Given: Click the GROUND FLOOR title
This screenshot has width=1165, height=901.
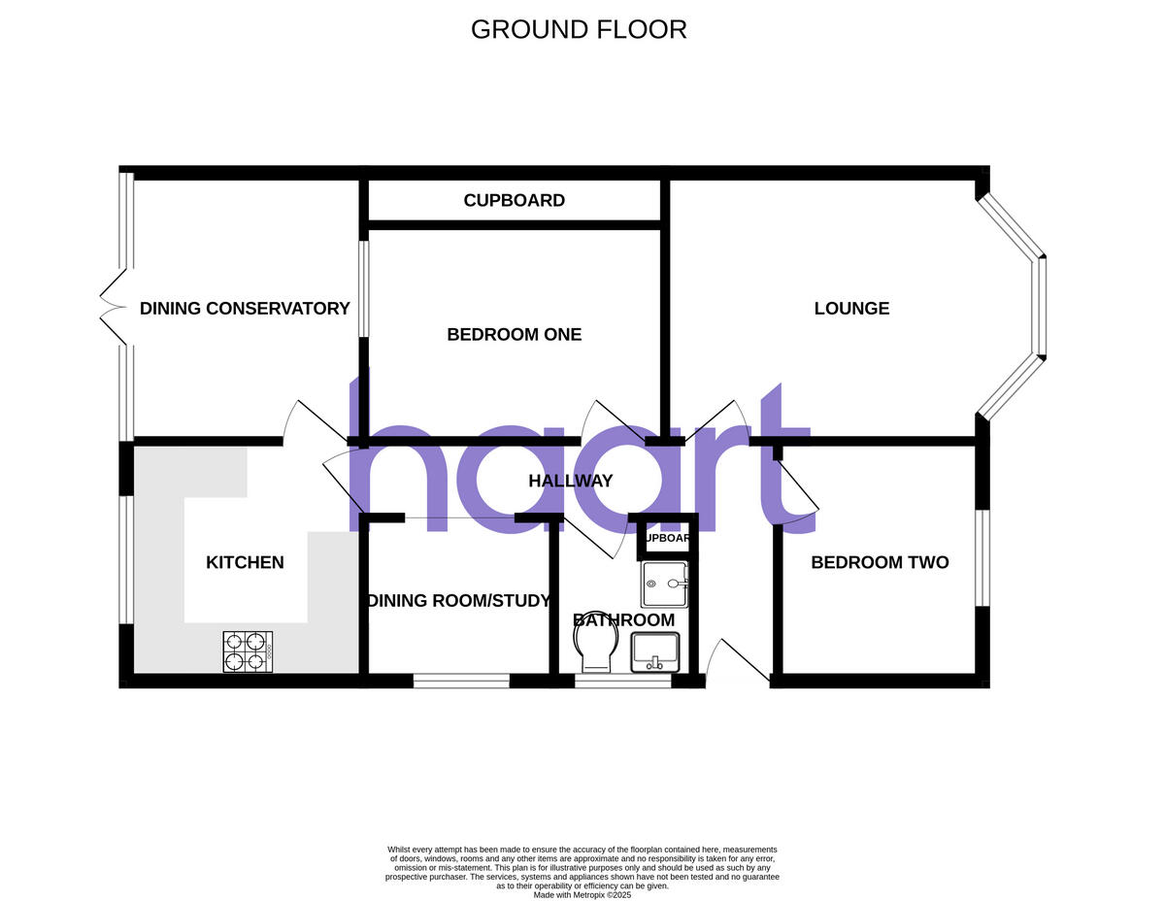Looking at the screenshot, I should [579, 29].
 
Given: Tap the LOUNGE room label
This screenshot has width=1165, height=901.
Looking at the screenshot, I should [851, 309].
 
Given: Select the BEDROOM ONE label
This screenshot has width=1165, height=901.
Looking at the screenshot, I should [514, 335].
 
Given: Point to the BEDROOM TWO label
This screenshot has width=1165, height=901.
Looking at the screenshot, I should [880, 562].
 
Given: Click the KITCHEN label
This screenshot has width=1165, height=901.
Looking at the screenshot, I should [245, 562].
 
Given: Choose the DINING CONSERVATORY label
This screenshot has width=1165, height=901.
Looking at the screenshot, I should [245, 309].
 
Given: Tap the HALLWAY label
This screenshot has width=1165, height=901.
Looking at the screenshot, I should [570, 481].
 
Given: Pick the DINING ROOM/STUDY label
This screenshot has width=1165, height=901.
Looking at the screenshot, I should [458, 601].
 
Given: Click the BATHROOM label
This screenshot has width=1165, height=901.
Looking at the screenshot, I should [623, 620].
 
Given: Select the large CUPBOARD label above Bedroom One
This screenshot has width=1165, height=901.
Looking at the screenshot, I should [514, 201].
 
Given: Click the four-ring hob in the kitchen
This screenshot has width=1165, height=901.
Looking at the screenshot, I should [248, 651].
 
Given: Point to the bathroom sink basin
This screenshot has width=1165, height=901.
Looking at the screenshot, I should [657, 651].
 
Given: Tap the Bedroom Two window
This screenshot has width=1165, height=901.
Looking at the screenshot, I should [983, 558].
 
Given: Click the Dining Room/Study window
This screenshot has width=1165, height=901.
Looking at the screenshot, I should [461, 682].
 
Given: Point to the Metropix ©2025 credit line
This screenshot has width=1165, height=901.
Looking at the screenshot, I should [582, 894].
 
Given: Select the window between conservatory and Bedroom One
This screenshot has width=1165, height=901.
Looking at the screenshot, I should [363, 288].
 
